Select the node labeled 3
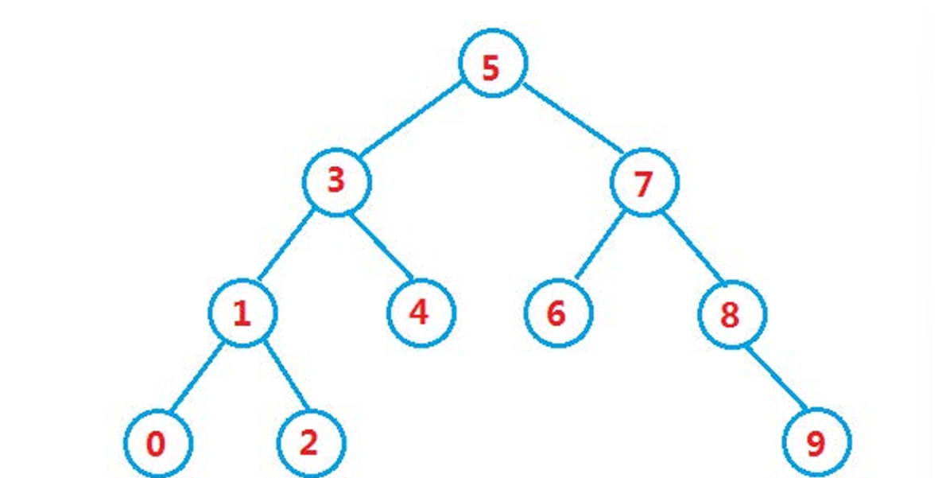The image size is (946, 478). tap(336, 182)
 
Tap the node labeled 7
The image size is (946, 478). tap(645, 182)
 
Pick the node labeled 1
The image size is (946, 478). tap(242, 313)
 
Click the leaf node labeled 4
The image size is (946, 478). tap(421, 313)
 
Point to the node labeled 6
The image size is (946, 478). tap(558, 313)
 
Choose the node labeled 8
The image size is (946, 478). tap(732, 313)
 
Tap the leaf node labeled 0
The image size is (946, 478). tap(157, 443)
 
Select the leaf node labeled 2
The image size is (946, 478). tap(310, 443)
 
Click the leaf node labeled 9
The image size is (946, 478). tap(816, 443)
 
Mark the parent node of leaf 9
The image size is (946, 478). tap(732, 313)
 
